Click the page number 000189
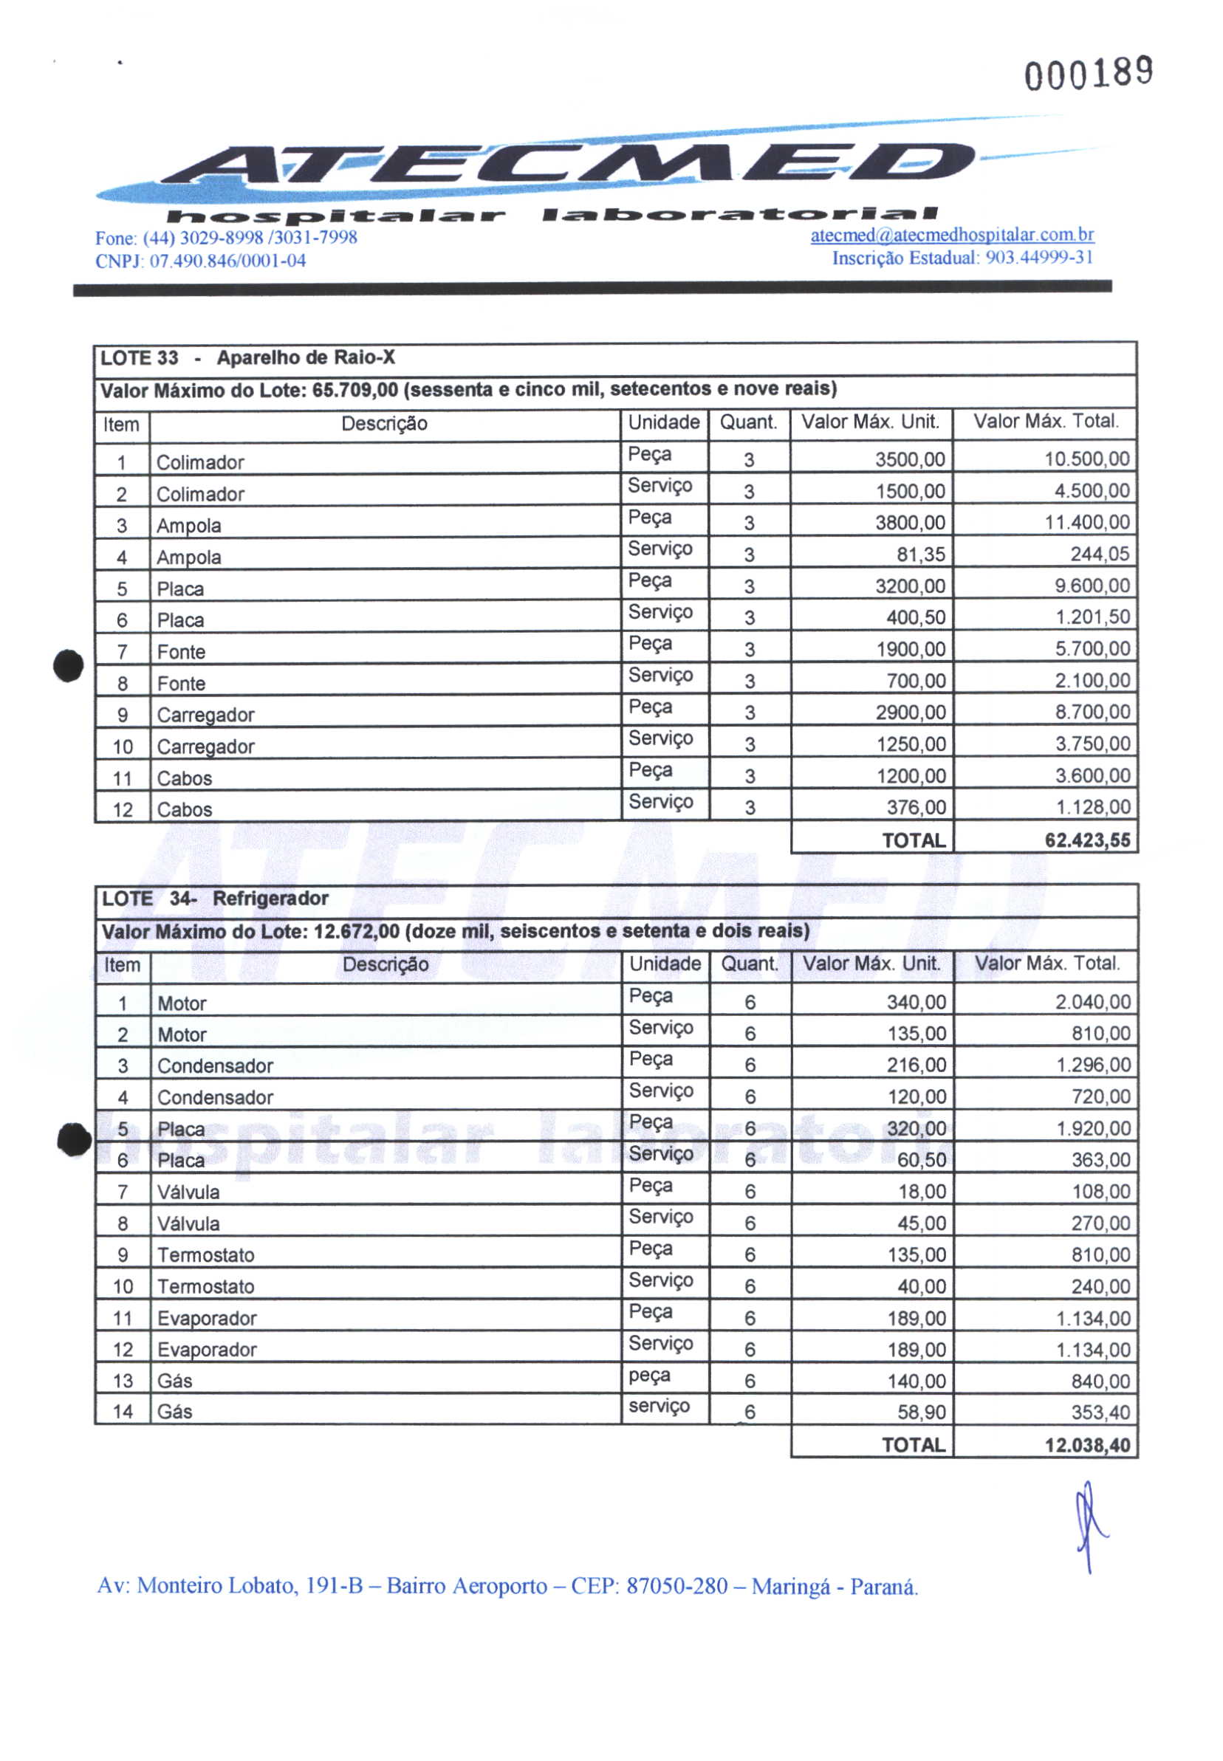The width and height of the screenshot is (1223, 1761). pyautogui.click(x=1088, y=74)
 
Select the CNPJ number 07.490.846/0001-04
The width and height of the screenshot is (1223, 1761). pyautogui.click(x=227, y=261)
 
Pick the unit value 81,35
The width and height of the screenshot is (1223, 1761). pyautogui.click(x=920, y=554)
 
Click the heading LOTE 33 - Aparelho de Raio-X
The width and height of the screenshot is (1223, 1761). pyautogui.click(x=248, y=357)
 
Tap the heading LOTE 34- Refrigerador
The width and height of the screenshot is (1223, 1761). pyautogui.click(x=216, y=899)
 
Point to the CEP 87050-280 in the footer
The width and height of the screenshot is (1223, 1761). pyautogui.click(x=676, y=1585)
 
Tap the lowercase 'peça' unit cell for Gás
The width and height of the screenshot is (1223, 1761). pyautogui.click(x=649, y=1376)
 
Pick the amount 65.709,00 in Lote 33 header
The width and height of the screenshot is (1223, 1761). pyautogui.click(x=354, y=390)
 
